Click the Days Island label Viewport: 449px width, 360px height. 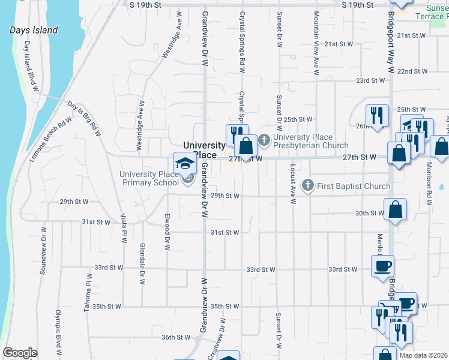click(34, 30)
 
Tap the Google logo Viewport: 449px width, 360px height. click(20, 353)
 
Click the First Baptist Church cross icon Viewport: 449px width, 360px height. click(308, 186)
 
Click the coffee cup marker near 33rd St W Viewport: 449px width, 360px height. click(382, 266)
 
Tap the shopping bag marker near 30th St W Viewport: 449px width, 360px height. click(396, 211)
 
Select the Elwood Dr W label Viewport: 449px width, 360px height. click(167, 234)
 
